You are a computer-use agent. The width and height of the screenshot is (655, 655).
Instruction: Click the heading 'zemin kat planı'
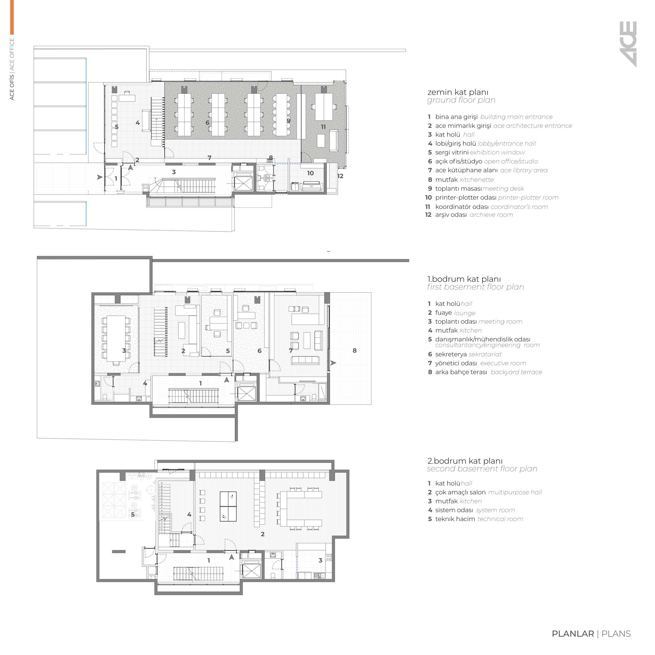458,92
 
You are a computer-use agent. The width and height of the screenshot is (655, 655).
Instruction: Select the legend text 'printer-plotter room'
528,198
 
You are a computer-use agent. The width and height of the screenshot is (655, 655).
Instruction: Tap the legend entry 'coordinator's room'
519,207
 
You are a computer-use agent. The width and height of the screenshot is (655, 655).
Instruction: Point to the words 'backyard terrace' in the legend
516,372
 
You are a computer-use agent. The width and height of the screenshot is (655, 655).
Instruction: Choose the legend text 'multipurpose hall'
515,492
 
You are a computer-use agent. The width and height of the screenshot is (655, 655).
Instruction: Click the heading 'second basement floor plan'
482,469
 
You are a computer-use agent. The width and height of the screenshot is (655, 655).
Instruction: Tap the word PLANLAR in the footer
572,634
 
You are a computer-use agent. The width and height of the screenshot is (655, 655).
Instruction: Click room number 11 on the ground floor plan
323,127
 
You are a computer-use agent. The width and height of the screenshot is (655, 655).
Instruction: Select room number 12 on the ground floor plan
340,176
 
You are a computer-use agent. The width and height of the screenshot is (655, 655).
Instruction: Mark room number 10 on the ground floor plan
310,173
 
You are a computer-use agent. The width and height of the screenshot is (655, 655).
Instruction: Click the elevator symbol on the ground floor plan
243,183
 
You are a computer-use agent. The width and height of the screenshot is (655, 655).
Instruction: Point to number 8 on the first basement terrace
355,350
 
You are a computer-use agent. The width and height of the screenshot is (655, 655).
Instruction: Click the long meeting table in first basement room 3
116,339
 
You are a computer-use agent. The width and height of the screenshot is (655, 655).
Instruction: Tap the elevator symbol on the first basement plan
247,394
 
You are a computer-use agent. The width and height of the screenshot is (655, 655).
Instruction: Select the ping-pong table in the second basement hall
228,506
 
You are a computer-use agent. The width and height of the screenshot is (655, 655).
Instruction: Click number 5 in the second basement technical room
133,515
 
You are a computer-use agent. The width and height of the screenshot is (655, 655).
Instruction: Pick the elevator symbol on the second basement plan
252,570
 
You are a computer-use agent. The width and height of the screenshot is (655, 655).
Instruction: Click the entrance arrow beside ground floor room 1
100,177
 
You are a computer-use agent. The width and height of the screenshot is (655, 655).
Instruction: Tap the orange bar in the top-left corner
12,17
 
